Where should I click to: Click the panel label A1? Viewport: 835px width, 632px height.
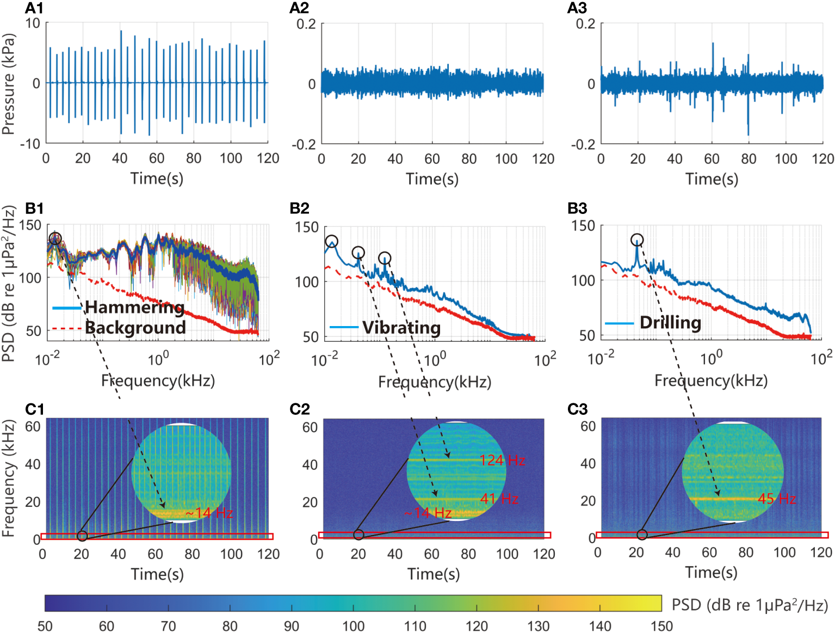(34, 8)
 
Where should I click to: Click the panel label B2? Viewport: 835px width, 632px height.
(299, 208)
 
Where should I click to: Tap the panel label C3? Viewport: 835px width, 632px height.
(577, 409)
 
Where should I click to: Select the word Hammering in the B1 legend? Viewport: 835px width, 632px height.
(134, 308)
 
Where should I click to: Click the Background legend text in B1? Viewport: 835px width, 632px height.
(135, 328)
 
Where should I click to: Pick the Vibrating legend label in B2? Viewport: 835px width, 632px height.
(401, 328)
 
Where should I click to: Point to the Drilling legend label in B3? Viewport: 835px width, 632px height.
(670, 323)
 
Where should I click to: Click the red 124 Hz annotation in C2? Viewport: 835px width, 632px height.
(502, 461)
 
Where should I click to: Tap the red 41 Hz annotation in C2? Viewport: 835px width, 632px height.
(499, 499)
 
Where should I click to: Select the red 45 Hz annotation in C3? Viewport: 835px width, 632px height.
(777, 499)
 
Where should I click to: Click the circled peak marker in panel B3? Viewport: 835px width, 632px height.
(637, 240)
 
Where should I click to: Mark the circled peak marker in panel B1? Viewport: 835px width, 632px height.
(55, 238)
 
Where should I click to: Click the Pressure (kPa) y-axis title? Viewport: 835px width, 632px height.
(8, 84)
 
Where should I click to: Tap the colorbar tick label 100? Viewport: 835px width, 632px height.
(353, 626)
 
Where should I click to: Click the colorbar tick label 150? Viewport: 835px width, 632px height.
(661, 626)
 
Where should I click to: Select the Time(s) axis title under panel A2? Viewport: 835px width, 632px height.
(432, 179)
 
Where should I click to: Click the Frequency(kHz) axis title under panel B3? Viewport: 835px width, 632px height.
(710, 381)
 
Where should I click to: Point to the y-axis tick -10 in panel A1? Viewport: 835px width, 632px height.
(30, 144)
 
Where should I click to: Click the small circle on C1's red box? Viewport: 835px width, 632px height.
(82, 536)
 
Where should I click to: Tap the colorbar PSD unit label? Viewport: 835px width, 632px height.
(750, 605)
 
